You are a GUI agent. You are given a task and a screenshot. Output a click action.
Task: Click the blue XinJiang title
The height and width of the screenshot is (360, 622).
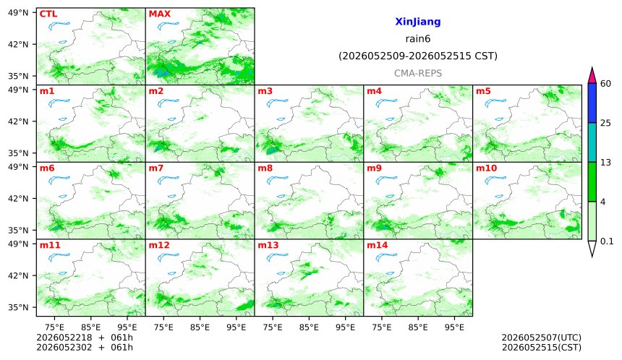[x=418, y=22]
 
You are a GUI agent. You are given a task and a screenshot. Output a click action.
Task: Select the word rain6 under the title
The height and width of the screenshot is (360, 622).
[x=418, y=39]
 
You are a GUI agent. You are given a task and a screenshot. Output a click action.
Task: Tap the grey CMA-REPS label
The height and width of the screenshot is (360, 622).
[x=418, y=73]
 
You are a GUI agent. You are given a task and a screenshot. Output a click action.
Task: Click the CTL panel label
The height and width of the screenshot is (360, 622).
[x=48, y=14]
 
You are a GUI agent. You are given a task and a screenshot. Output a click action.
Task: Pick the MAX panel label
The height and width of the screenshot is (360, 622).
[x=159, y=14]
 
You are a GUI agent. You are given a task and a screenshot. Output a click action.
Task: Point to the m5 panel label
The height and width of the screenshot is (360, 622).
[x=483, y=91]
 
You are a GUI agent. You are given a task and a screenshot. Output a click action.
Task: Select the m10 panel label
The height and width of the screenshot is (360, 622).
[x=486, y=168]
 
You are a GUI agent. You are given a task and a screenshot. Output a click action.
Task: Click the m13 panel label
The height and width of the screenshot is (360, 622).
[x=268, y=245]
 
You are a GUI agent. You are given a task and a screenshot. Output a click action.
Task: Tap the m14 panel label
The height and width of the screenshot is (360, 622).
[x=378, y=245]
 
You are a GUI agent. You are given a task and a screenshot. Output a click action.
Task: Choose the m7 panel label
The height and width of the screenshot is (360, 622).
[x=156, y=168]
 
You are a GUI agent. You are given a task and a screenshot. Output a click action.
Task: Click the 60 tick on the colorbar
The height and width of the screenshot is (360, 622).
[x=605, y=84]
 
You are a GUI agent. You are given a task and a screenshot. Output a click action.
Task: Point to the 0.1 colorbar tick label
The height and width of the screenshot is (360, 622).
[x=607, y=241]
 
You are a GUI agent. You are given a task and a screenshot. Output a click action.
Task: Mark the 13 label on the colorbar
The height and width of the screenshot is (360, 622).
[x=605, y=163]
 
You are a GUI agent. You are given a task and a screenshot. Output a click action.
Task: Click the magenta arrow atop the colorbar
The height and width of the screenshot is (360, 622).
[x=592, y=76]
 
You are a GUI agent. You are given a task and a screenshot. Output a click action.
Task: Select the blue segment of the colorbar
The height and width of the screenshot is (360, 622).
[x=592, y=103]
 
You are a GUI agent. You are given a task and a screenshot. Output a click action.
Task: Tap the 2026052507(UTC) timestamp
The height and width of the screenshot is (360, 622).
[x=542, y=338]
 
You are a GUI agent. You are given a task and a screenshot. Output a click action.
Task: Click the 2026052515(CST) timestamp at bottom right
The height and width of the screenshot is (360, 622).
[x=542, y=348]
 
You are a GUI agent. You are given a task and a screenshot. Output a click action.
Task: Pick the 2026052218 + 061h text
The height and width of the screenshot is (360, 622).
[x=85, y=338]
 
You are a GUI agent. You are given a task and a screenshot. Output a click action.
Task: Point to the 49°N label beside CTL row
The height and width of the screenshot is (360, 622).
[x=18, y=13]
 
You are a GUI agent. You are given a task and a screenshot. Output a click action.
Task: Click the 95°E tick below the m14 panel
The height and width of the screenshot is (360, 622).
[x=454, y=327]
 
